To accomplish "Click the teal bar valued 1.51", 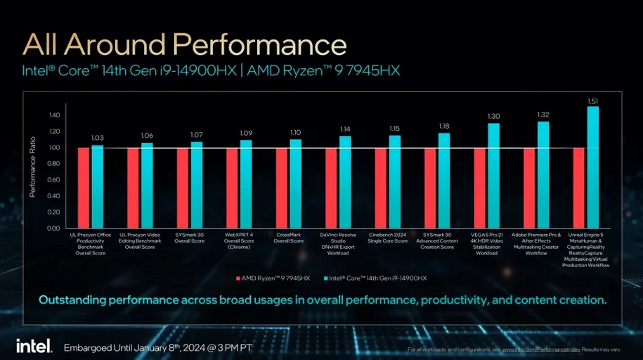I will (x=593, y=167).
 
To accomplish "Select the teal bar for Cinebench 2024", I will (x=395, y=181).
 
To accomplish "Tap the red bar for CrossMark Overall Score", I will (x=282, y=188).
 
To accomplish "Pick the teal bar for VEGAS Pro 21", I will (x=494, y=175).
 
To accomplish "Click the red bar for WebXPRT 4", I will (x=232, y=188).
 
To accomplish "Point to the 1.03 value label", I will (x=97, y=138).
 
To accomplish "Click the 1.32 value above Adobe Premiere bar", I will (x=543, y=115).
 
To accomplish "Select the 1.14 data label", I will (x=345, y=129).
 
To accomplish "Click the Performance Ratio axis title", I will (x=32, y=172).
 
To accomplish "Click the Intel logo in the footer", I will (x=33, y=346).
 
